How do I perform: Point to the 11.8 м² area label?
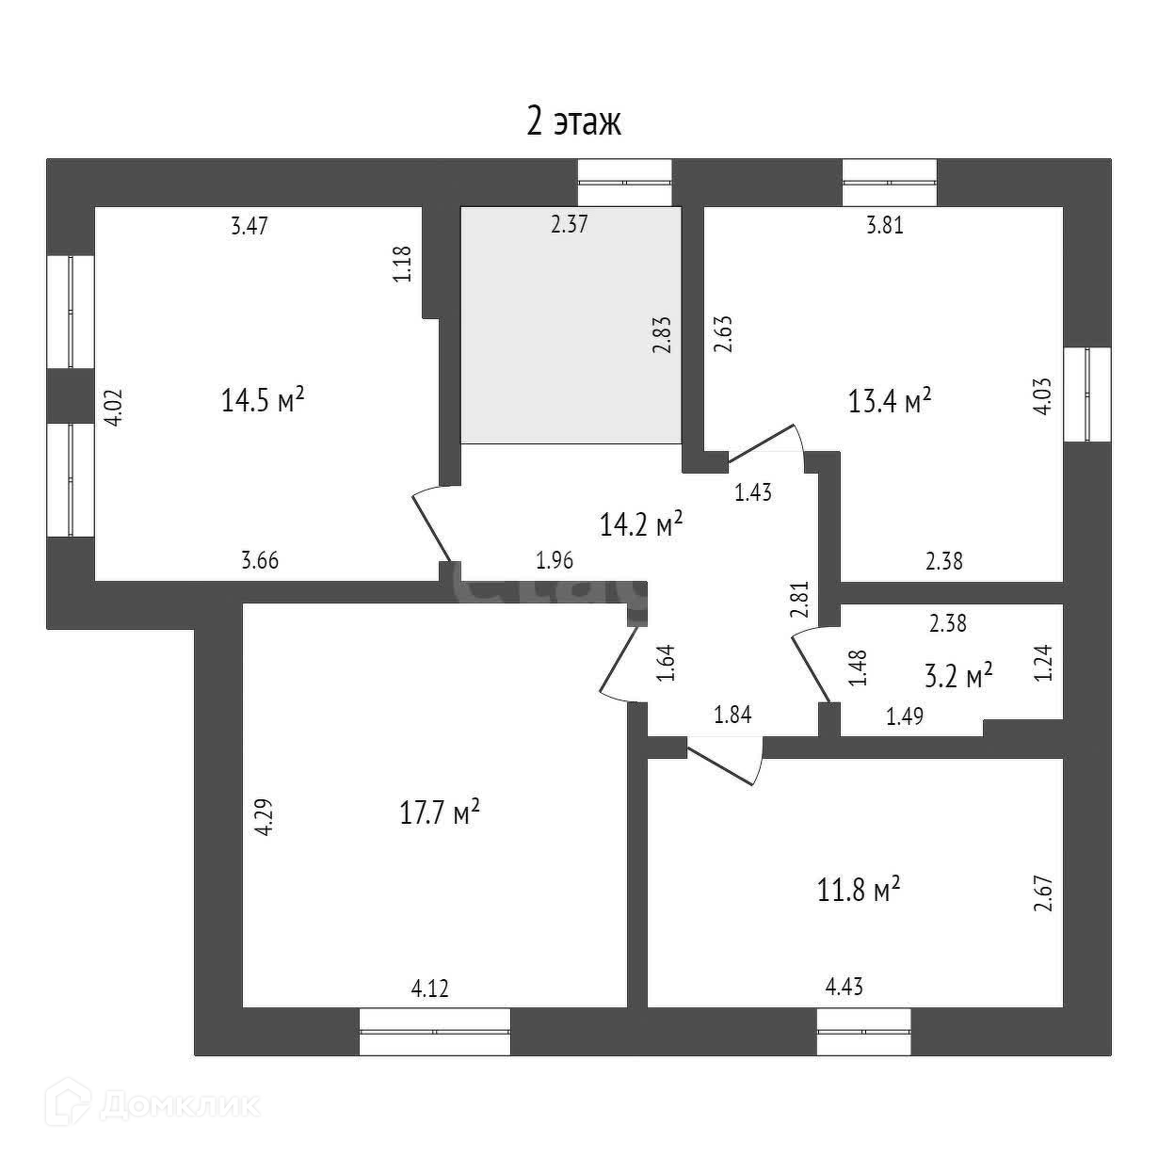(859, 889)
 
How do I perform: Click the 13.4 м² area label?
(890, 402)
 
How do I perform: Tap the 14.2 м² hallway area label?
(640, 523)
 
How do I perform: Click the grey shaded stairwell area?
(570, 325)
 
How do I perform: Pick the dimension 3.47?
(250, 226)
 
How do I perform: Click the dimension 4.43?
(844, 987)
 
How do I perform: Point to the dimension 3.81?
(883, 226)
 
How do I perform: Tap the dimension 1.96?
(555, 561)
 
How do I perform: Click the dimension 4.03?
(1042, 395)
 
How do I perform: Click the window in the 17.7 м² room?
(435, 1031)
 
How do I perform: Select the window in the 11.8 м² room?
(863, 1031)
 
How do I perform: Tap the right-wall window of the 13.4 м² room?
(1086, 394)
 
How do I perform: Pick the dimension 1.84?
(733, 715)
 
